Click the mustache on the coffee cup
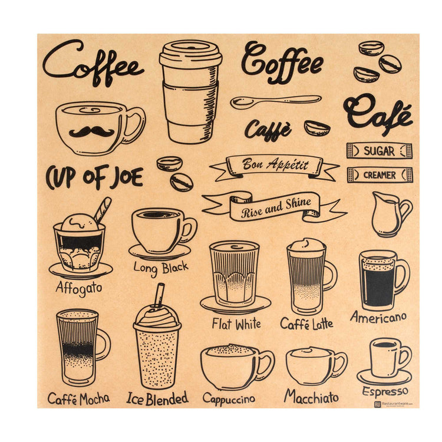tap(91, 131)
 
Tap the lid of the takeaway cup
tap(190, 54)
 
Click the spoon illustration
tap(275, 101)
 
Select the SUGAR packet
tap(380, 151)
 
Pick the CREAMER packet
tap(380, 175)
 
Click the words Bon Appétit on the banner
tap(275, 164)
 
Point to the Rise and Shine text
tap(276, 208)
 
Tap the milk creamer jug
tap(390, 215)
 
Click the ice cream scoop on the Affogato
tap(80, 223)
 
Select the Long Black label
tap(161, 269)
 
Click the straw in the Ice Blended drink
tap(159, 295)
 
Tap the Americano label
tap(378, 317)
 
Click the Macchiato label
tap(312, 397)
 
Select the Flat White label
tap(236, 324)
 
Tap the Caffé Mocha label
tap(78, 399)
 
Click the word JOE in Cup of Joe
tap(127, 177)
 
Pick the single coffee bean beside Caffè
tap(317, 128)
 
